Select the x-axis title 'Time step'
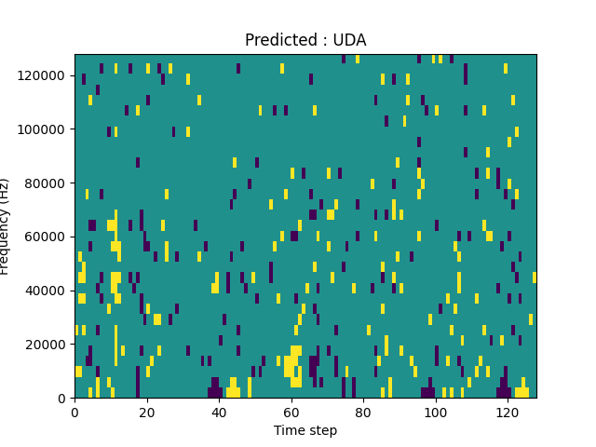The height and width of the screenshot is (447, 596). pos(305,430)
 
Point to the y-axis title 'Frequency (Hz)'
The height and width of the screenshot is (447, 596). pos(6,226)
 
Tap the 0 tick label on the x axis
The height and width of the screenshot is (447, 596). pos(75,412)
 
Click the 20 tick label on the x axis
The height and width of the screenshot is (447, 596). pos(147,412)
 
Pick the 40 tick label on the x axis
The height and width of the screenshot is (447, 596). pos(219,412)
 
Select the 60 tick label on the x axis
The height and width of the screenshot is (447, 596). pos(291,412)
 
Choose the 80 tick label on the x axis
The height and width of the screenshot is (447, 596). pos(363,412)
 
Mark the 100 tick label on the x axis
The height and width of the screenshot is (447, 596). pos(435,412)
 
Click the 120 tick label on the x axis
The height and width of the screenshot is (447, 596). pos(508,412)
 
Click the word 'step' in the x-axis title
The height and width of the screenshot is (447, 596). pos(322,430)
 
